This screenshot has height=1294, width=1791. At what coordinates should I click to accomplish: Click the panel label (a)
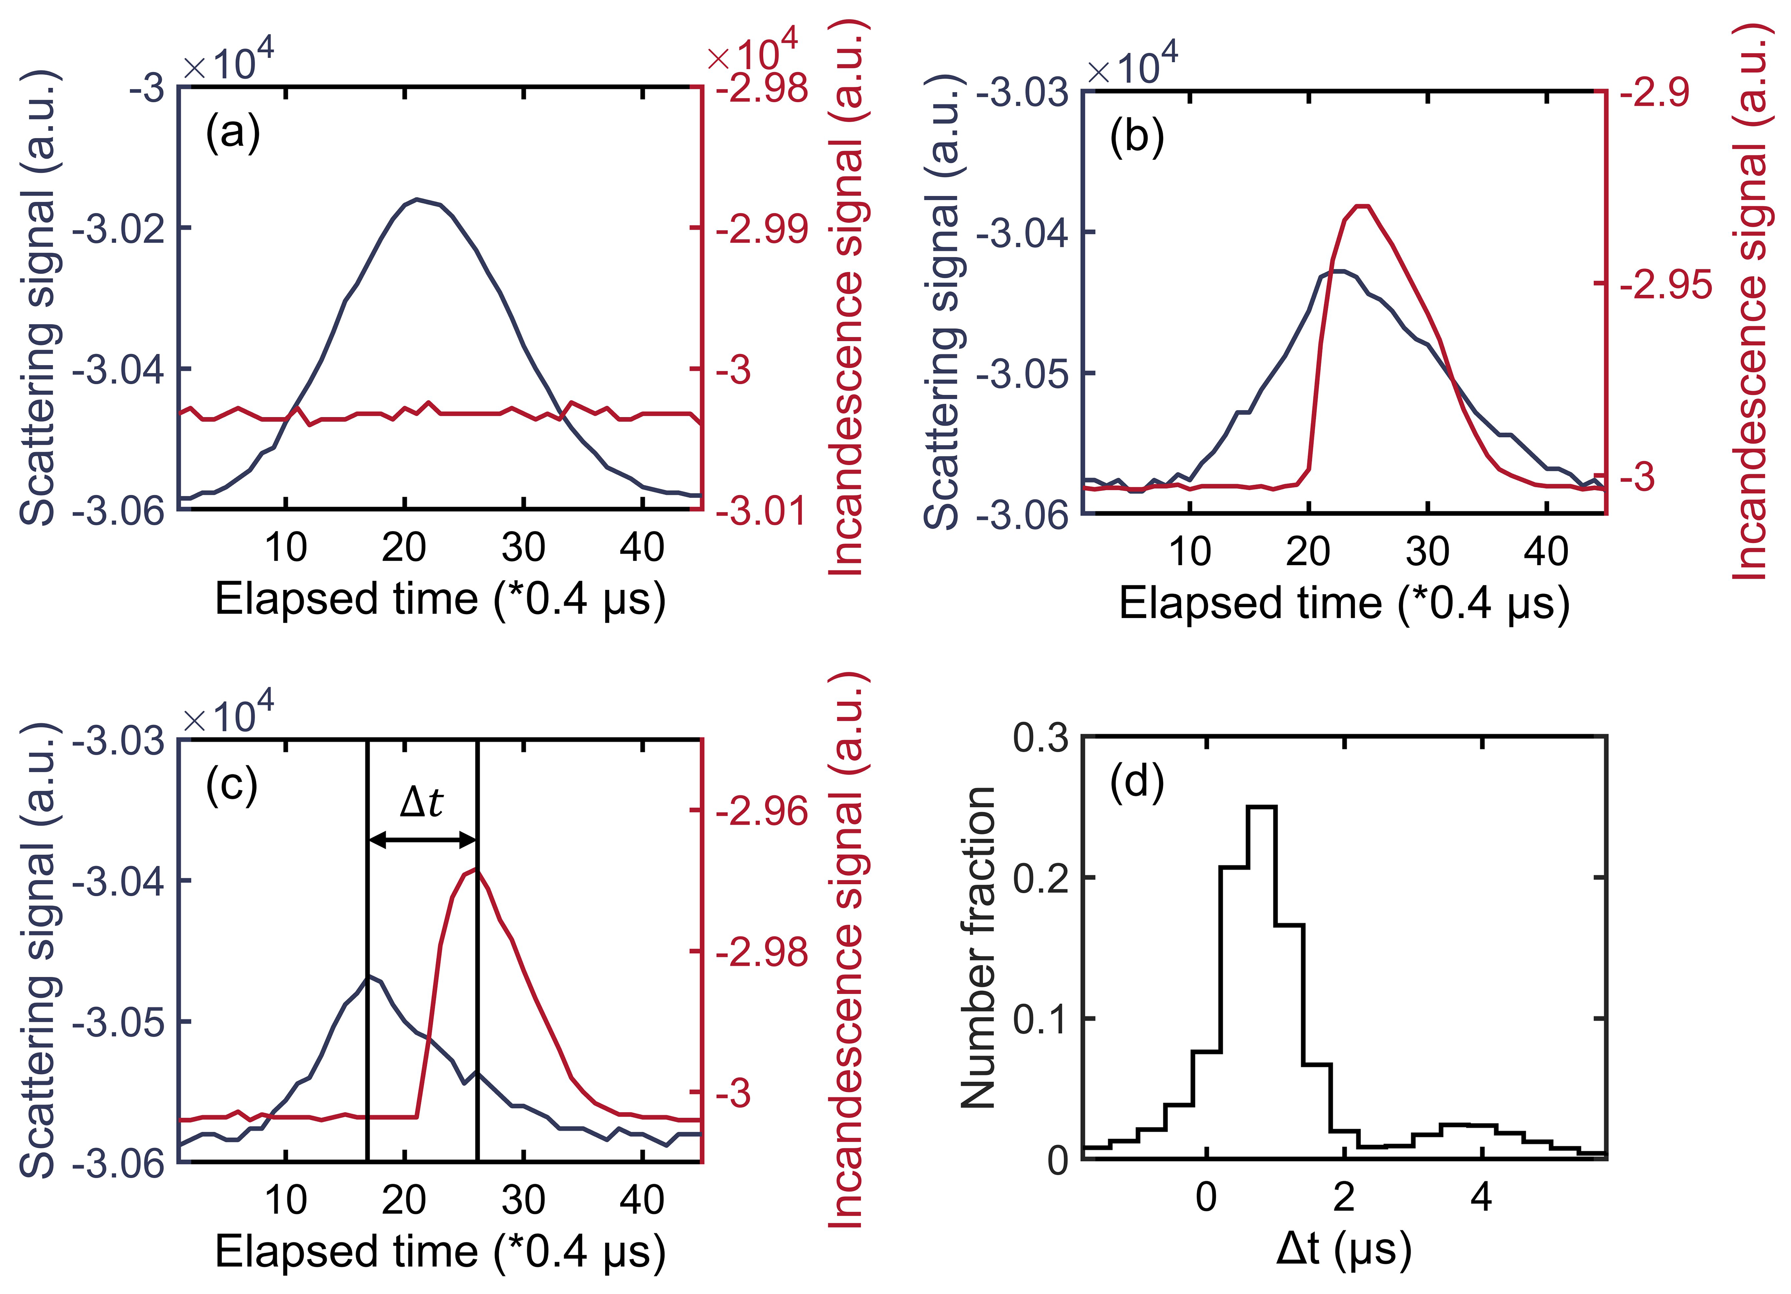coord(232,132)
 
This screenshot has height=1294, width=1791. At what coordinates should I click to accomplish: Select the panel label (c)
coord(232,785)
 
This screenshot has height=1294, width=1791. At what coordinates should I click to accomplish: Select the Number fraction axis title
coord(977,947)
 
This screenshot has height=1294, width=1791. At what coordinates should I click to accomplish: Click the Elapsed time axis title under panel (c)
coord(440,1251)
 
